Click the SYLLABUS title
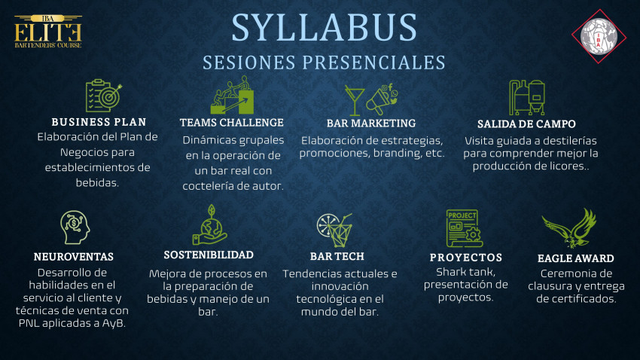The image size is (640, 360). [x=324, y=28]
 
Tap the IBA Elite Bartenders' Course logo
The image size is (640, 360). [x=48, y=32]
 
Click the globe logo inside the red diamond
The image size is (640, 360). [x=599, y=36]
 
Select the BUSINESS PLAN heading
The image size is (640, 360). [x=99, y=122]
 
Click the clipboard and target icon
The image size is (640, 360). [x=104, y=96]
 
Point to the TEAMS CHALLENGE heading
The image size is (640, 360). [x=232, y=123]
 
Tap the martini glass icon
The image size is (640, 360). [x=355, y=100]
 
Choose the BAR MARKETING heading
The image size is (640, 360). [x=371, y=124]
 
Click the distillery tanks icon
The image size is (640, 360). [x=527, y=97]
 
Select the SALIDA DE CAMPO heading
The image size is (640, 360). [x=526, y=124]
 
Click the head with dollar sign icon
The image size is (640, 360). [x=75, y=227]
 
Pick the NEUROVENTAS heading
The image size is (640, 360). [x=74, y=257]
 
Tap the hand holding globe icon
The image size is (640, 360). [x=210, y=225]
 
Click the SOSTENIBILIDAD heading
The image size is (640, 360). [x=209, y=255]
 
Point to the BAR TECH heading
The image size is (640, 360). [x=337, y=256]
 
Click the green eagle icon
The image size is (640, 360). [x=569, y=228]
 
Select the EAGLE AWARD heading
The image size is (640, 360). [x=575, y=258]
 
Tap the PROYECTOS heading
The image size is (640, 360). [x=466, y=258]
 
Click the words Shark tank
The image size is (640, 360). [x=466, y=272]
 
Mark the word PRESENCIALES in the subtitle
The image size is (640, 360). [x=373, y=63]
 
